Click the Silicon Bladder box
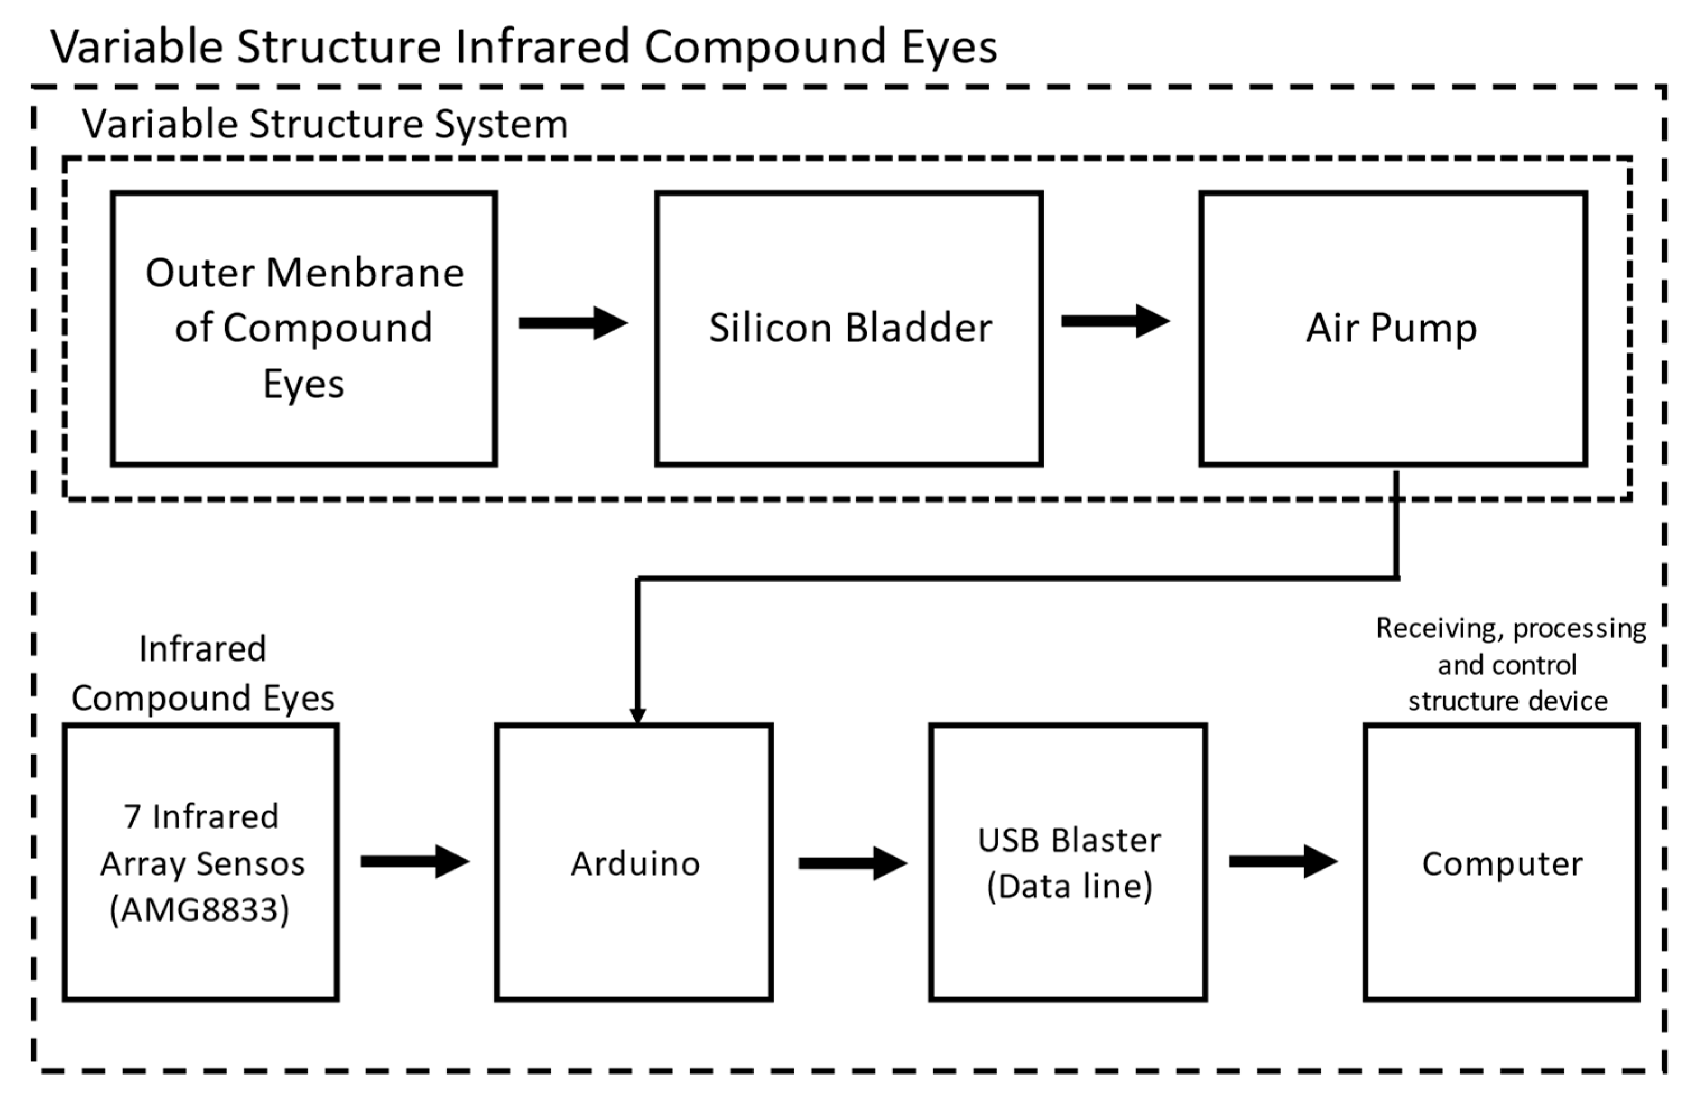848,399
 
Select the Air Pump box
1392,399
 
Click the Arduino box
634,926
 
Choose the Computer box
1501,926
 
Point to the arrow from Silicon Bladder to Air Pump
1114,321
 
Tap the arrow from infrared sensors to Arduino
415,862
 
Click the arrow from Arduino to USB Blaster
852,863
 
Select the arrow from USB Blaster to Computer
1283,862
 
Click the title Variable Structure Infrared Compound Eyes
524,47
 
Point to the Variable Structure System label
325,125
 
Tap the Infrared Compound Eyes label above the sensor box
203,673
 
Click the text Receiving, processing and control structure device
1509,664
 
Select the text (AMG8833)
199,910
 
